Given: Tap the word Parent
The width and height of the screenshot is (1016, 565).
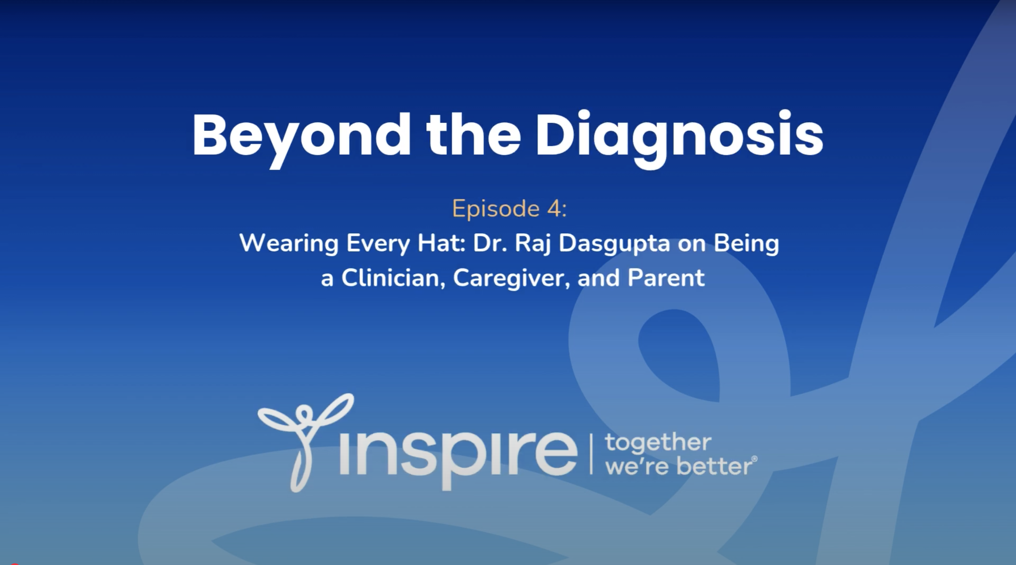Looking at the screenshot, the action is click(666, 278).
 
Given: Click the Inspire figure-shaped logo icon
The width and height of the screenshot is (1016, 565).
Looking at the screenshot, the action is click(304, 441).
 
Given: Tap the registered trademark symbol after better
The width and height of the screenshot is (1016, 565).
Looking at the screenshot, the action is click(755, 459).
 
